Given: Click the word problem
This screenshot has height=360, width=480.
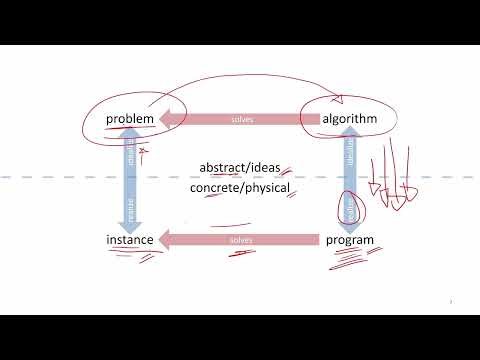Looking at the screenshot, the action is [131, 120].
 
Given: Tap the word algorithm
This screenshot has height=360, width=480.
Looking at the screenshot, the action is [348, 120].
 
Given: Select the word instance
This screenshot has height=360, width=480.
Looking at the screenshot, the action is [131, 241].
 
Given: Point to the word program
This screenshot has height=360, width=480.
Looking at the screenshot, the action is [349, 241].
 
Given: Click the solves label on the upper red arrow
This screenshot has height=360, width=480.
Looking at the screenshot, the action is [241, 120].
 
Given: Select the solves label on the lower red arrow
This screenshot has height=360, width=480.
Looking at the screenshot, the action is [241, 241].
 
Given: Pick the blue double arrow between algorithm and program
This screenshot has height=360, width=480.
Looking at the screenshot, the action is [349, 180].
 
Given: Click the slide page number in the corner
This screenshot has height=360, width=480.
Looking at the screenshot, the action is [452, 300].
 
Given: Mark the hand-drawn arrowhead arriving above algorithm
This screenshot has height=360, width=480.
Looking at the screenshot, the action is [338, 98].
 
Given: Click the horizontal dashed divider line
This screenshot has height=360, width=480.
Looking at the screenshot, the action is [60, 177].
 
